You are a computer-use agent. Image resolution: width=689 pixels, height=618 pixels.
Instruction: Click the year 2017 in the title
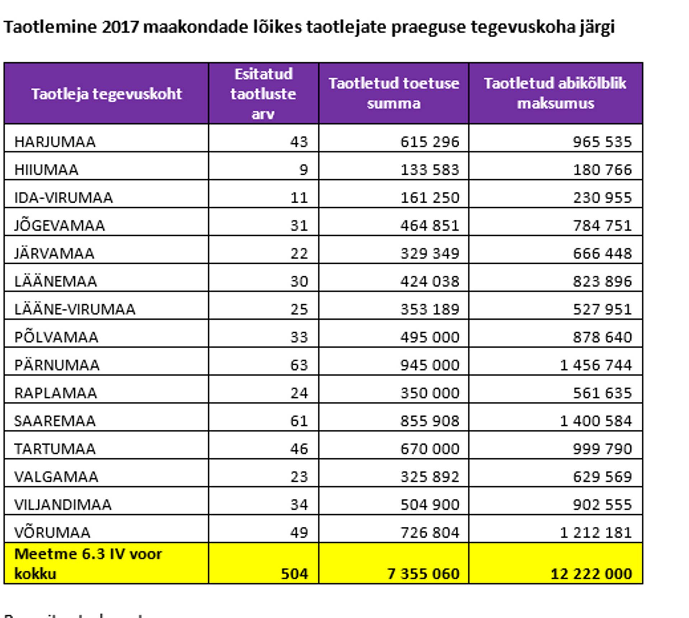tap(120, 27)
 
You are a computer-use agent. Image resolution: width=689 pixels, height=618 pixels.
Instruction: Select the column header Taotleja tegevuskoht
tap(107, 94)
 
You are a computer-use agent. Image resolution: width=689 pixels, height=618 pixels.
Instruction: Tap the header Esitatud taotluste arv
tap(263, 94)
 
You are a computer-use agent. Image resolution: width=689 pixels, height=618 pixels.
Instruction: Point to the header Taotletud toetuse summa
tap(394, 93)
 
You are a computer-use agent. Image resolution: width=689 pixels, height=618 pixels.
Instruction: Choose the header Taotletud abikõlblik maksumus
tap(555, 93)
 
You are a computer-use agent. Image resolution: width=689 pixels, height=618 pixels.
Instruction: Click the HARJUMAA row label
tap(55, 142)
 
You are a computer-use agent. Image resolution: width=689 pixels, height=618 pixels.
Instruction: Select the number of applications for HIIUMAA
tap(303, 170)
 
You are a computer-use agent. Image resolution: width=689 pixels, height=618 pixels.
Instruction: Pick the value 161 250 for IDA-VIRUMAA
tap(430, 198)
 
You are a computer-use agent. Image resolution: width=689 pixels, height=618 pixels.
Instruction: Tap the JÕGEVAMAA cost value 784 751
tap(602, 226)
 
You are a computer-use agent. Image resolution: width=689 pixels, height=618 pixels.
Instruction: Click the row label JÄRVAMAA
tap(54, 254)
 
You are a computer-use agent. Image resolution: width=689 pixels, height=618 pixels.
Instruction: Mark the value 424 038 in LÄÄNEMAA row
tap(430, 281)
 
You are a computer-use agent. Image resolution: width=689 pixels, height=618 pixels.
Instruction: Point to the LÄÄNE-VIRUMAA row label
tap(75, 309)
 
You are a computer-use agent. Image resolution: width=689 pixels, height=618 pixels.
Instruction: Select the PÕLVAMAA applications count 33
tap(299, 337)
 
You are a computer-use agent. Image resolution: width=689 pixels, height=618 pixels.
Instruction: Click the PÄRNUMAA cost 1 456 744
tap(596, 365)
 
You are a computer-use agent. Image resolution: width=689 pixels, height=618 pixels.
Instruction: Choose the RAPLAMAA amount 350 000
tap(430, 393)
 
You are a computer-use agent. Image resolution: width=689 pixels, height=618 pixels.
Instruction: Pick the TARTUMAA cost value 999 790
tap(602, 449)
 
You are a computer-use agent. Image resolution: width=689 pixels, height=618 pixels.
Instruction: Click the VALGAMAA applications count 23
tap(299, 477)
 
